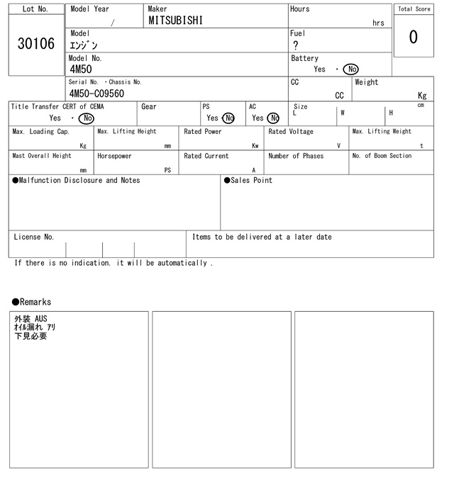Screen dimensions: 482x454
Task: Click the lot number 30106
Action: tap(35, 44)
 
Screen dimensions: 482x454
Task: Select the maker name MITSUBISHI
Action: tap(175, 21)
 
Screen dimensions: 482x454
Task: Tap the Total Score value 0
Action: tap(413, 37)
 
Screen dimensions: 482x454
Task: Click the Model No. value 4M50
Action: tap(80, 69)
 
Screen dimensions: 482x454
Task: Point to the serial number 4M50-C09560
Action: tap(96, 94)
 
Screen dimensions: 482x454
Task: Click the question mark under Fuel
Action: tap(295, 45)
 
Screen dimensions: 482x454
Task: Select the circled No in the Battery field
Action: tap(350, 69)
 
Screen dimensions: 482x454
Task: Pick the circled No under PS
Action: tap(228, 118)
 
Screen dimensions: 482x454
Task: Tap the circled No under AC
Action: tap(273, 118)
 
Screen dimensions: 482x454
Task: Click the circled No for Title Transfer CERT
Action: tap(87, 118)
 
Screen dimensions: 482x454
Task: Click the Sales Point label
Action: tap(248, 181)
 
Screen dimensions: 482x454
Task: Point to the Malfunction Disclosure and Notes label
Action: tap(76, 181)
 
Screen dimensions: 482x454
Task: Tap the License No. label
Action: tap(33, 237)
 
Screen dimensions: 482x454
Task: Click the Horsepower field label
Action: tap(114, 156)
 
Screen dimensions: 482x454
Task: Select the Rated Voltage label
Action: tap(291, 132)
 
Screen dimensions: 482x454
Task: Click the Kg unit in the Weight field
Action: tap(422, 95)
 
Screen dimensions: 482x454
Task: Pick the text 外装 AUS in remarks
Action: tap(31, 319)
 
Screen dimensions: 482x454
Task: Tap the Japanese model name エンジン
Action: tap(84, 45)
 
